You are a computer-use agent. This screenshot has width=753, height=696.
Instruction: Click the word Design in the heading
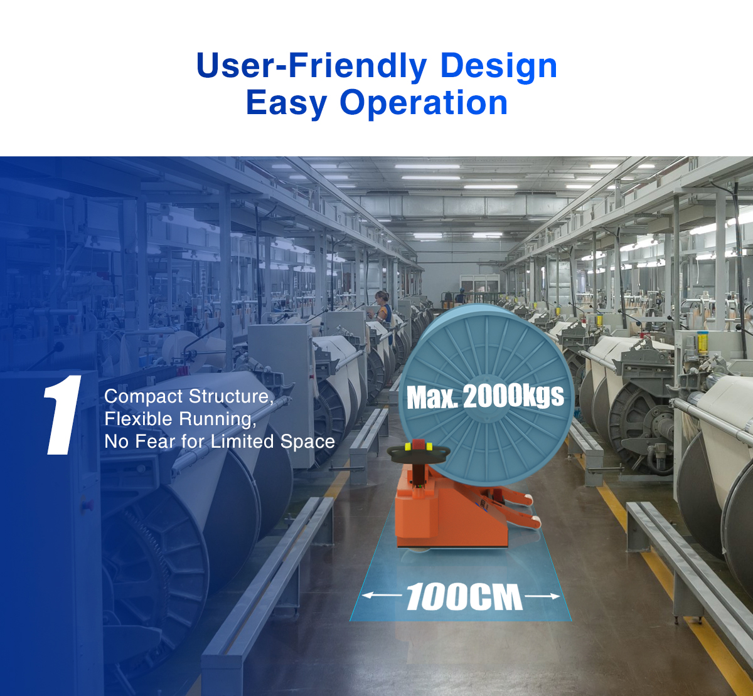click(499, 66)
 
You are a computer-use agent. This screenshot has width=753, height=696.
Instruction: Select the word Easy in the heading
click(286, 103)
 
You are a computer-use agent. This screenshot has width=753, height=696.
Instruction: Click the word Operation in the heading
click(424, 103)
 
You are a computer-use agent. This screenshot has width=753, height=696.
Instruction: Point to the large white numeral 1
click(63, 415)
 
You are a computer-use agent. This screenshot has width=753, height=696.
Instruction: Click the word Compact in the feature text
click(144, 397)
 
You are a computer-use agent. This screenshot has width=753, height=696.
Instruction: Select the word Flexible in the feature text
click(139, 419)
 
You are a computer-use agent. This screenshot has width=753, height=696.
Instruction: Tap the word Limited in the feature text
click(242, 441)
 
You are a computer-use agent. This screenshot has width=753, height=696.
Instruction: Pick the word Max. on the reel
click(432, 398)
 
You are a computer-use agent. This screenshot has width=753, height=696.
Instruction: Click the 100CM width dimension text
click(464, 597)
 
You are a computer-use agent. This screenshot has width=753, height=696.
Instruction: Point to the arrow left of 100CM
click(382, 596)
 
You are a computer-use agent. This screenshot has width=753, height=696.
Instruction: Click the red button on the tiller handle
click(418, 445)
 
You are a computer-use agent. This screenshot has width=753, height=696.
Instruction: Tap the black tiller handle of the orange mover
click(418, 451)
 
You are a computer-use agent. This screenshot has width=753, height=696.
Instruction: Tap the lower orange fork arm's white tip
click(536, 519)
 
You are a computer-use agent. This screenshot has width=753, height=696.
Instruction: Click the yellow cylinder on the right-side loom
click(703, 343)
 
